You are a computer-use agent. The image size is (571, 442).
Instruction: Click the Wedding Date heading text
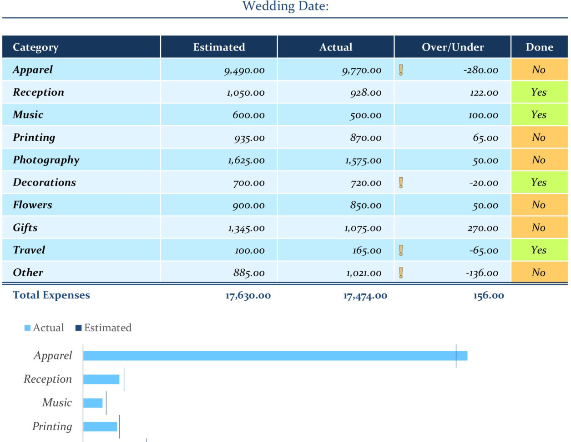click(x=285, y=6)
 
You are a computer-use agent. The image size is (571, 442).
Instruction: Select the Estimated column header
click(x=219, y=47)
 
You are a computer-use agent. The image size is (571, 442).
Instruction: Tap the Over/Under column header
click(x=453, y=47)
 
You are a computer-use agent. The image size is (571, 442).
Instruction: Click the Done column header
click(x=539, y=47)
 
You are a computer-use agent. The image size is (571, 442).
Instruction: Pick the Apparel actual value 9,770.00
click(x=362, y=70)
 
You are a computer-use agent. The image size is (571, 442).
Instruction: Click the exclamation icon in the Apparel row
click(x=401, y=70)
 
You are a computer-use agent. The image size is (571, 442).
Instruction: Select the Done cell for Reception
click(x=539, y=92)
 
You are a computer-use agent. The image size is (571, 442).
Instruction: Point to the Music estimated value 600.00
click(x=248, y=115)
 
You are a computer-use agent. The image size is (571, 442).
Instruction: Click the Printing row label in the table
click(x=34, y=137)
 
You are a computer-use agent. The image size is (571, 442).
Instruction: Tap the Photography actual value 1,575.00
click(x=363, y=160)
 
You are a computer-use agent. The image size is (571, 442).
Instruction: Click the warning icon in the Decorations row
click(x=401, y=183)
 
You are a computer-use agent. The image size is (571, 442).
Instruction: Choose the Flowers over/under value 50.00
click(x=485, y=206)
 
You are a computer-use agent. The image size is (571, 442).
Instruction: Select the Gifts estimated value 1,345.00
click(x=246, y=228)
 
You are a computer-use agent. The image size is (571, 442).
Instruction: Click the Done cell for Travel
click(x=539, y=250)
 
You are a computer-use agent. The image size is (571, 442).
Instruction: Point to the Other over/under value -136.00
click(x=482, y=273)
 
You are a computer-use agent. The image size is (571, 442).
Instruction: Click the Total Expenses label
click(x=51, y=295)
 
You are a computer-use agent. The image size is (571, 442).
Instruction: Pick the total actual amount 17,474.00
click(x=365, y=296)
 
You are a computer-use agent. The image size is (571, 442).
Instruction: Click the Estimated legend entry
click(x=103, y=328)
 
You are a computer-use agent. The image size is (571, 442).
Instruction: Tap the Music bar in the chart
click(x=93, y=403)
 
